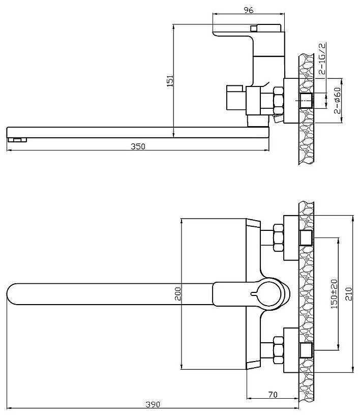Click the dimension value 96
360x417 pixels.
(249, 10)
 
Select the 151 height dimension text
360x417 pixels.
(170, 81)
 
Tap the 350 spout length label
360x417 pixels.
(138, 146)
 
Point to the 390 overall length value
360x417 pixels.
(153, 404)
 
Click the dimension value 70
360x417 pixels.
(273, 395)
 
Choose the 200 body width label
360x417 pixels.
(177, 293)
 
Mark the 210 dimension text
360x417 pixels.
(349, 293)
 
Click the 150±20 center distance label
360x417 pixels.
(334, 294)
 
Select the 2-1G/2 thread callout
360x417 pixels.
(322, 58)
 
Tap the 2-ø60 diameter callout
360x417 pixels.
(337, 101)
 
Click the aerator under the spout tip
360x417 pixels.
(17, 140)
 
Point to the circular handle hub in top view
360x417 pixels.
(269, 294)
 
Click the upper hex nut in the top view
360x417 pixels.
(278, 237)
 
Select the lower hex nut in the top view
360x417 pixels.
(278, 350)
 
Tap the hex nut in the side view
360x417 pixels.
(278, 101)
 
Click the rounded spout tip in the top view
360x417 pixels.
(12, 294)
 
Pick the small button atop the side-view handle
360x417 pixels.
(254, 28)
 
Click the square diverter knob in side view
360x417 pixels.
(235, 98)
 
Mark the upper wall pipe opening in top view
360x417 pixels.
(306, 237)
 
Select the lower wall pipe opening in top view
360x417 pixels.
(306, 350)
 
